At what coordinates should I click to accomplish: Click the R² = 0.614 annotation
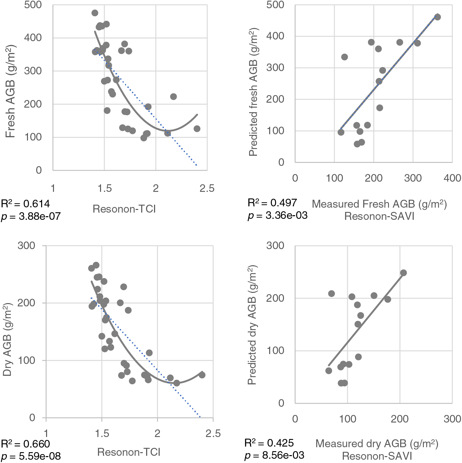[x=26, y=204]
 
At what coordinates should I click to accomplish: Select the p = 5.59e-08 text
[x=31, y=456]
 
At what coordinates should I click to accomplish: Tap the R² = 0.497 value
[x=272, y=203]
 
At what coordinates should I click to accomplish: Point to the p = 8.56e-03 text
[x=274, y=455]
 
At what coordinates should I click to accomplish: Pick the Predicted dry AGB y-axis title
[x=252, y=324]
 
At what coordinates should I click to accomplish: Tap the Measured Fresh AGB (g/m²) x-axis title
[x=379, y=204]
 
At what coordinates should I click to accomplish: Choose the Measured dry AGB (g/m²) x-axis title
[x=377, y=444]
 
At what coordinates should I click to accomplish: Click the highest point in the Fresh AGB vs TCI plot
[x=95, y=13]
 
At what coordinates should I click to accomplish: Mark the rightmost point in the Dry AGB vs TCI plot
[x=202, y=375]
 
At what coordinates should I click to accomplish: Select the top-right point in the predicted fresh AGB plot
[x=437, y=17]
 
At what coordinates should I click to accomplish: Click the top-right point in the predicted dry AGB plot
[x=403, y=273]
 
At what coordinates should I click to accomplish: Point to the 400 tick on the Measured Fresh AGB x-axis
[x=452, y=178]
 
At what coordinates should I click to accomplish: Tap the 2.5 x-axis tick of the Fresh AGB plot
[x=207, y=189]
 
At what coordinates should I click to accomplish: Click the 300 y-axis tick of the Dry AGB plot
[x=26, y=245]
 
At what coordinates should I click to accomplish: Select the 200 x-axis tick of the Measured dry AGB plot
[x=399, y=419]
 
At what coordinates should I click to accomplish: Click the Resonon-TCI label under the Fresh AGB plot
[x=124, y=209]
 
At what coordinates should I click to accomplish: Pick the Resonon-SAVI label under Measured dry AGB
[x=377, y=456]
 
